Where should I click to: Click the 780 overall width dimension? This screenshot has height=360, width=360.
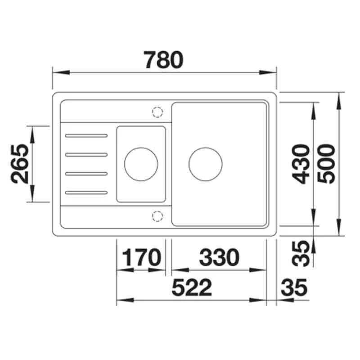(163, 60)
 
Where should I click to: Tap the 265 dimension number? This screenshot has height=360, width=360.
(20, 164)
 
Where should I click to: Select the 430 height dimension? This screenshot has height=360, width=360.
(301, 164)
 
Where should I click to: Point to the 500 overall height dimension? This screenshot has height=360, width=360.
(326, 164)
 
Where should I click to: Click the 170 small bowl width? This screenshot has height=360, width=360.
(142, 257)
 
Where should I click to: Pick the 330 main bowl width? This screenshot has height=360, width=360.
(219, 257)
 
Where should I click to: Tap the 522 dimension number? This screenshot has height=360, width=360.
(192, 287)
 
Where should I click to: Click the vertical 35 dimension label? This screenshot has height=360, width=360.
(301, 253)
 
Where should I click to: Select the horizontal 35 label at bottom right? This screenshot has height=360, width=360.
(294, 287)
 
